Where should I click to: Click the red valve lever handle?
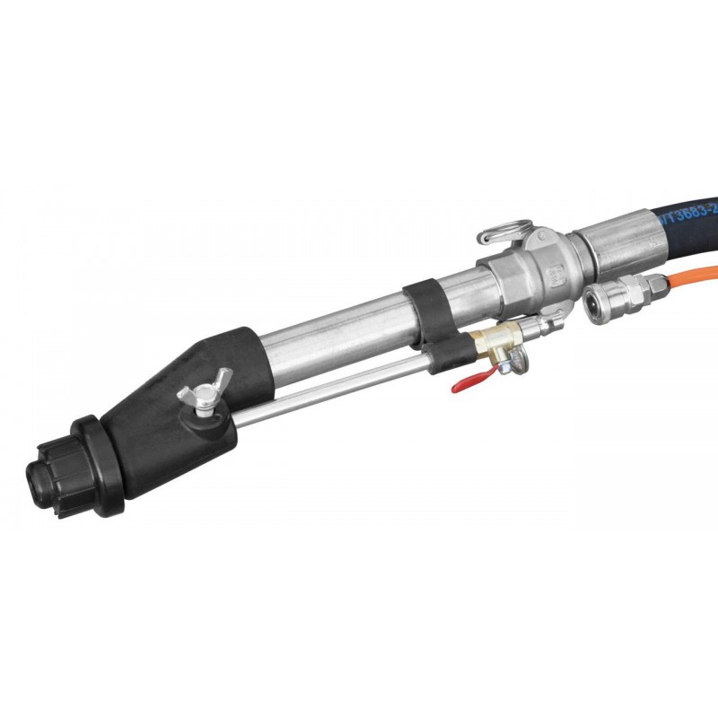tap(467, 383)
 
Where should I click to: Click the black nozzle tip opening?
tap(38, 480)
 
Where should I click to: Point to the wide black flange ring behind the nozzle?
tap(99, 462)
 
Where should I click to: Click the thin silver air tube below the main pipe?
tap(341, 390)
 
